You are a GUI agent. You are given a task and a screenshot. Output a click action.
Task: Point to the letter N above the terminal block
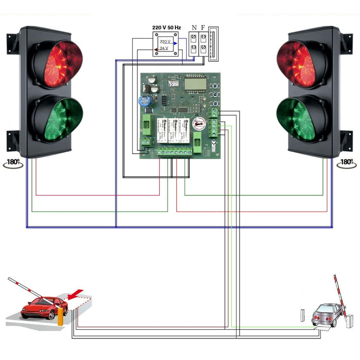[194, 28]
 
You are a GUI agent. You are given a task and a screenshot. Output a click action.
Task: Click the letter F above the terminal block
[204, 28]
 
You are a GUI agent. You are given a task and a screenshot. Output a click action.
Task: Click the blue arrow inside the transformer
[175, 43]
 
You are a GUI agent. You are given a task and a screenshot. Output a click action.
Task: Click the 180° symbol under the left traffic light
[13, 163]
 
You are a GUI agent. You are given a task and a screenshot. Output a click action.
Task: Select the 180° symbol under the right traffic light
[346, 163]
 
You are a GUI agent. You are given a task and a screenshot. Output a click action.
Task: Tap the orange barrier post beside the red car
[60, 316]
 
